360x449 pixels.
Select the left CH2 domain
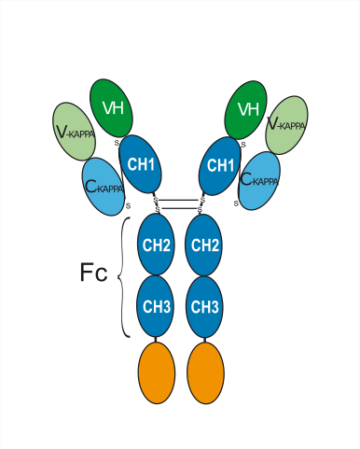click(156, 245)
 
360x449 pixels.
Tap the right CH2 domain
click(204, 245)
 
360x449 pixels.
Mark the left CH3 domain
click(156, 305)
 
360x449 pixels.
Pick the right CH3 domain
click(204, 305)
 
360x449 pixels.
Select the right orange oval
click(206, 370)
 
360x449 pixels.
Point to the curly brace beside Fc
click(125, 276)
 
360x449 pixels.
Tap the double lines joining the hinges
click(180, 202)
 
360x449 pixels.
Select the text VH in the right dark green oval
click(247, 110)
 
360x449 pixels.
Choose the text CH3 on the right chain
click(204, 306)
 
